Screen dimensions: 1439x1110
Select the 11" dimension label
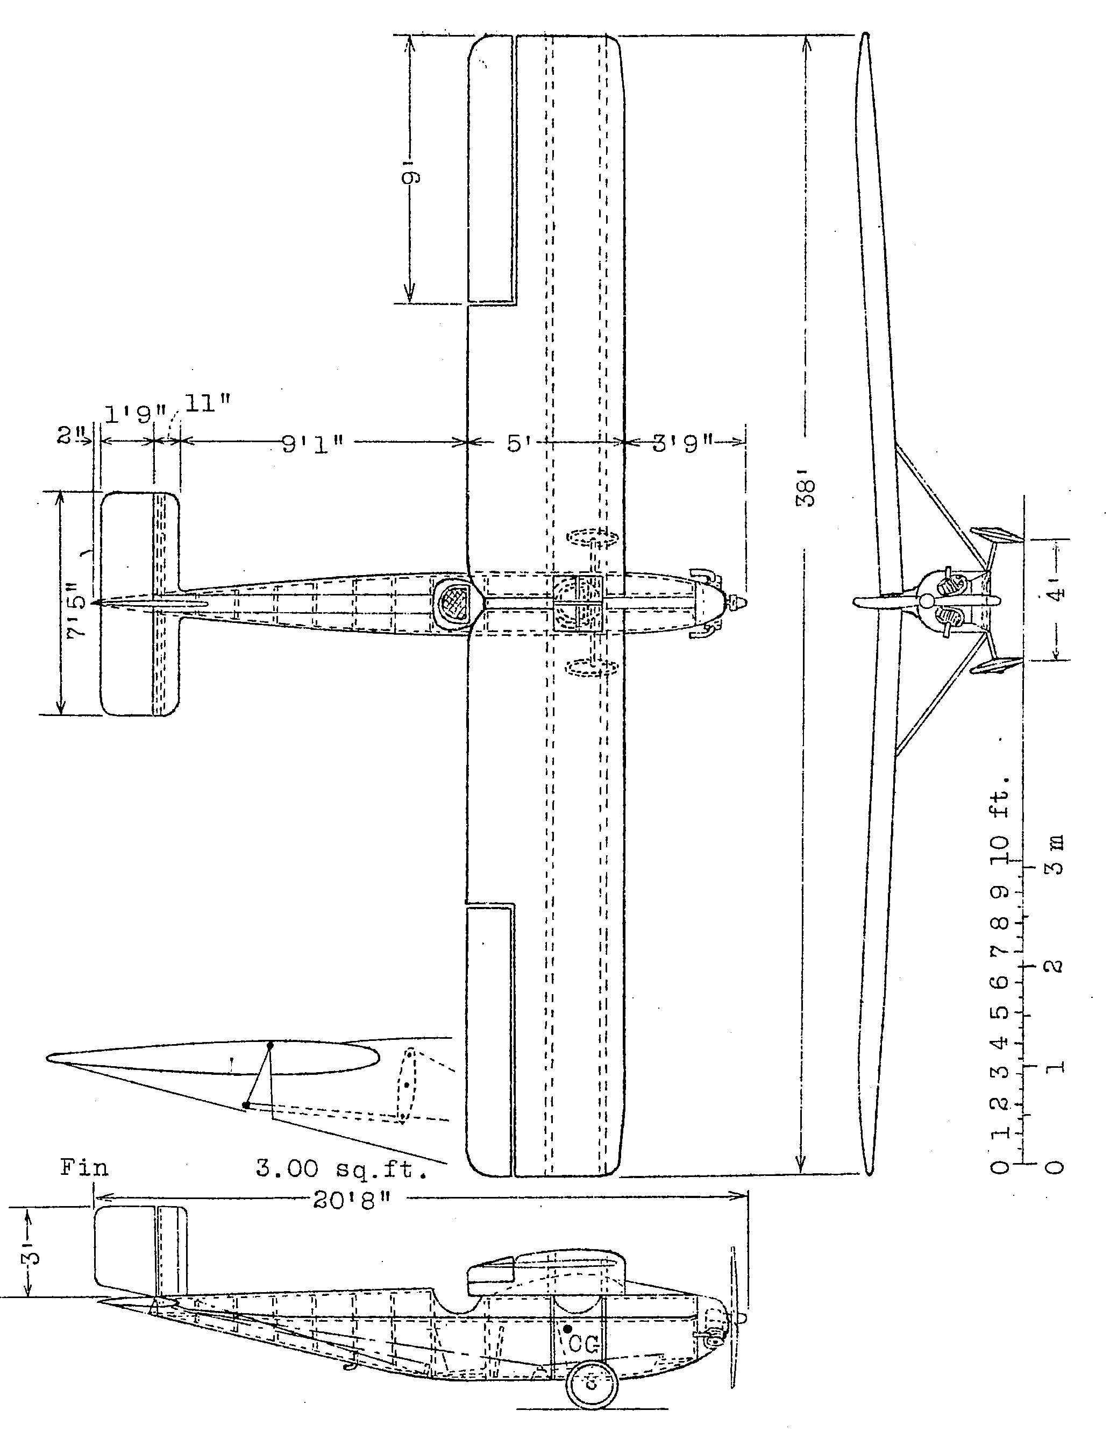click(208, 404)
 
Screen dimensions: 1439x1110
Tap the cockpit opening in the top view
click(457, 601)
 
